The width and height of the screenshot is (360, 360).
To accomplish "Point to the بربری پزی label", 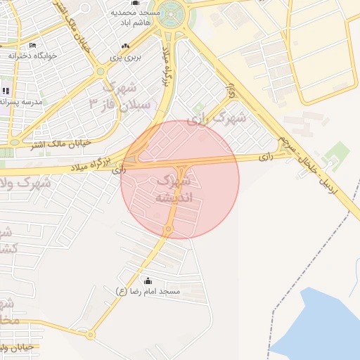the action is tap(129, 57).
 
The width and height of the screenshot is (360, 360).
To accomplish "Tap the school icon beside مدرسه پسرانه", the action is tap(6, 91).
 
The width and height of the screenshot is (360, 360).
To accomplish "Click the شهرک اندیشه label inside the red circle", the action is tap(178, 189).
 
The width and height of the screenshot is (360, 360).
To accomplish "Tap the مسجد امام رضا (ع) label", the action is tap(148, 291).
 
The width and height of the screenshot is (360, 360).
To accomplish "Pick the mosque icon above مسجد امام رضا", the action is tap(147, 281).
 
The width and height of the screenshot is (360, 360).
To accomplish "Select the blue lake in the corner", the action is tap(323, 323).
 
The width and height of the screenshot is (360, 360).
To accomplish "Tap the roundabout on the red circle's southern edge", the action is tap(169, 230).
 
